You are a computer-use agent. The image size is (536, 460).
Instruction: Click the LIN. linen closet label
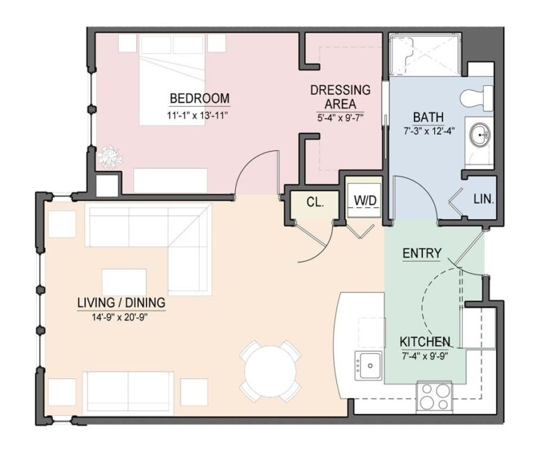(x=483, y=199)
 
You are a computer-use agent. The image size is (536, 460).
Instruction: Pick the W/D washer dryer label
(x=364, y=201)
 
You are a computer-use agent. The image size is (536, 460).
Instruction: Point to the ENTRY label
(x=422, y=253)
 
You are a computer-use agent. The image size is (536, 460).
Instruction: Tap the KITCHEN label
(x=424, y=342)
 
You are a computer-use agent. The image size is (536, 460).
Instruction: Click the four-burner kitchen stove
(x=434, y=396)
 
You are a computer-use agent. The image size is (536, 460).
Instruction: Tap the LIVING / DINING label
(x=121, y=302)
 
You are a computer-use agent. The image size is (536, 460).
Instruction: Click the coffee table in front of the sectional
(x=124, y=282)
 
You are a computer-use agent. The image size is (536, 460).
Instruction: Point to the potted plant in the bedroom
(x=109, y=157)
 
